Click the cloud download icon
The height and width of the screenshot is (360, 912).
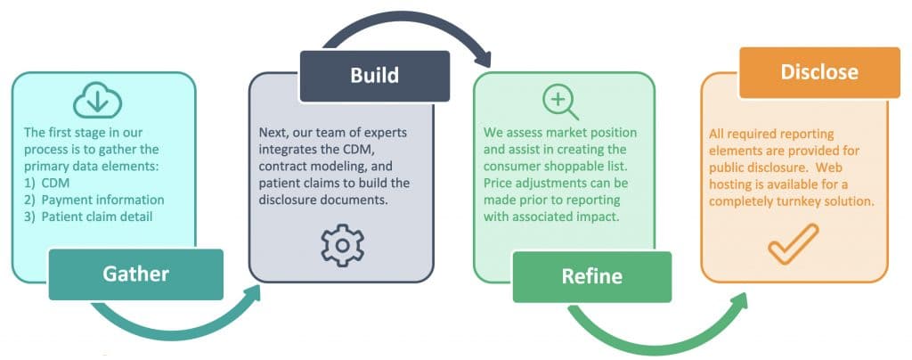(x=98, y=100)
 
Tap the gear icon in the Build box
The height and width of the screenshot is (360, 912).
(x=343, y=245)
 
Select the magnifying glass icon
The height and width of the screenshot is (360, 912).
(x=560, y=102)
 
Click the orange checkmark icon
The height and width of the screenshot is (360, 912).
(x=794, y=243)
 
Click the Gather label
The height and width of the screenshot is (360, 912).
(x=136, y=274)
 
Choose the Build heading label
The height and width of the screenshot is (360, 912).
(x=375, y=76)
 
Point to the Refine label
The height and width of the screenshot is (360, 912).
(x=592, y=276)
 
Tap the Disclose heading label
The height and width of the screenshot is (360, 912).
(x=819, y=72)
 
